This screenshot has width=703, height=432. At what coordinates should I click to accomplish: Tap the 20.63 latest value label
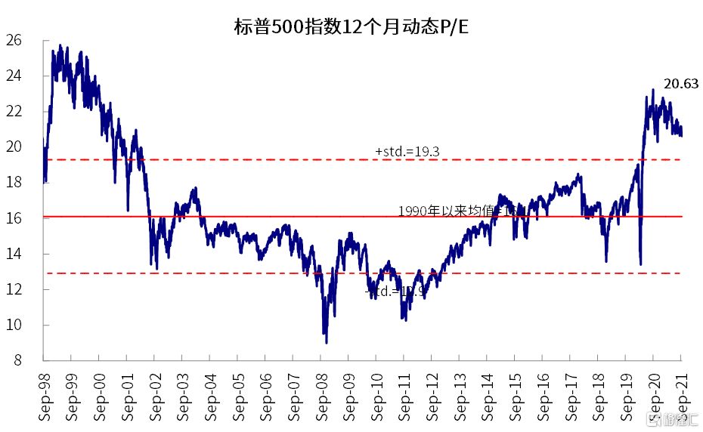tap(680, 84)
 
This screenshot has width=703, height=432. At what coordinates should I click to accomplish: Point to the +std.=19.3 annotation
tap(407, 152)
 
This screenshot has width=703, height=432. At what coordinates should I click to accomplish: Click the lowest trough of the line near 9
tap(327, 342)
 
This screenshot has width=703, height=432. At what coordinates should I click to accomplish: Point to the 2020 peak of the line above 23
tap(652, 90)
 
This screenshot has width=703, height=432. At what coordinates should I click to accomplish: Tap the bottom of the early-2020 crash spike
tap(641, 264)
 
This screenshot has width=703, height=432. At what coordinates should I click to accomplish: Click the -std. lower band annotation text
tap(391, 291)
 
